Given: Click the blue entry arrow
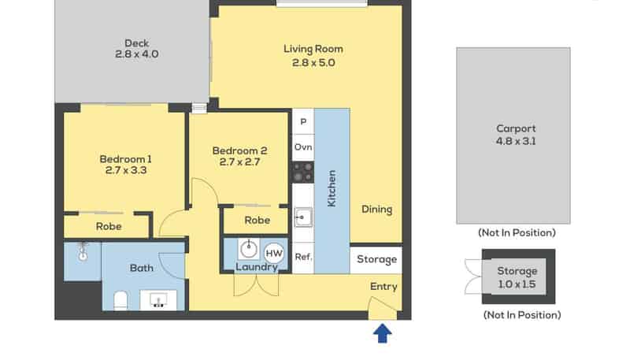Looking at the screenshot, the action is coord(383,333).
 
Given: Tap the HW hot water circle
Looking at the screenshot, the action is coord(274,253).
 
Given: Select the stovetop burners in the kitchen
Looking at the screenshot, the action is coord(303,172).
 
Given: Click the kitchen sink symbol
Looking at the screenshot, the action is coord(303,217).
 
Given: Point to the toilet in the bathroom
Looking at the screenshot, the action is coord(120,301).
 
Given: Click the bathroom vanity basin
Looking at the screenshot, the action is coord(158,299).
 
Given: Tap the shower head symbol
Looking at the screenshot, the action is coord(83,251).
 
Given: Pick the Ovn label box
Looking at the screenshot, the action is coord(303,147).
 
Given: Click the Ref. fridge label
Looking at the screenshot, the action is coord(303,257).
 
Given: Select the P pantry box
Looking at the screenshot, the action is coord(303,121).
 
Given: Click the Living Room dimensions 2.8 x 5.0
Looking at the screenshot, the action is coord(313,63).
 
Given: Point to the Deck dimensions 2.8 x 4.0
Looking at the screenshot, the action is coord(136,54).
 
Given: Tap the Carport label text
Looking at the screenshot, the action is coord(516,128).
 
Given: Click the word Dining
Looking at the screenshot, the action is coord(377,210).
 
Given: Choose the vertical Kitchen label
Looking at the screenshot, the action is coord(332,188).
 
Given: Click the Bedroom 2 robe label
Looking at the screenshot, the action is coord(258,221).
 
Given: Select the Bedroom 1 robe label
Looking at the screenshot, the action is coord(109,227).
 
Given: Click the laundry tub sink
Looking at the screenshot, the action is coord(249,249).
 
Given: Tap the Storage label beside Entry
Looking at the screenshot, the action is coord(377,259).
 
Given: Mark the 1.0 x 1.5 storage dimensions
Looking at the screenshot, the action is coord(517,284).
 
